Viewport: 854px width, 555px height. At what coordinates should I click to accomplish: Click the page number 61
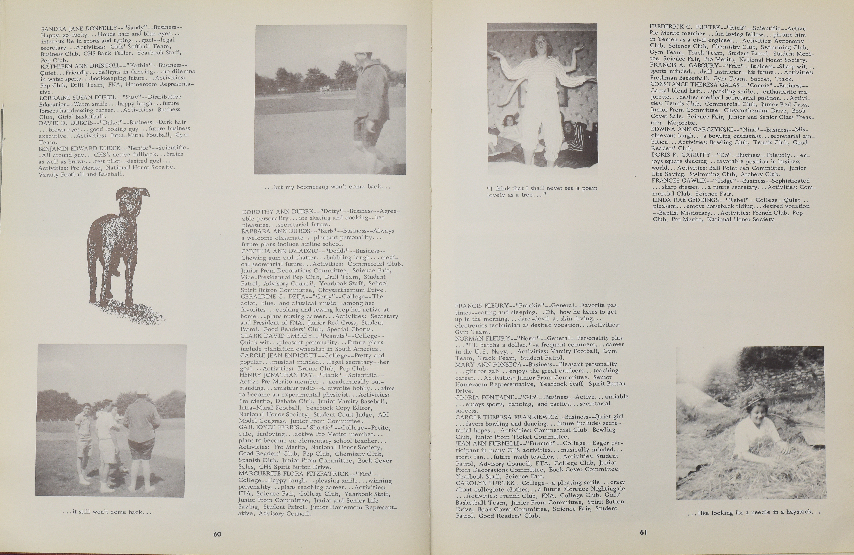(x=643, y=532)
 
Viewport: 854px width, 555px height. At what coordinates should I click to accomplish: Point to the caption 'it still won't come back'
(x=107, y=512)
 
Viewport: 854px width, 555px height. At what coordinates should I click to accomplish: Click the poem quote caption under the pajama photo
(x=542, y=191)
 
